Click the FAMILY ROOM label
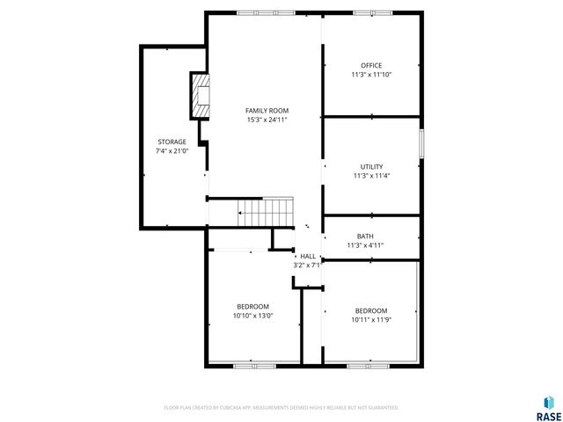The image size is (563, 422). pyautogui.click(x=267, y=111)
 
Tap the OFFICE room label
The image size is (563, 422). pyautogui.click(x=371, y=66)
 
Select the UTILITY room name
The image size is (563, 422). pyautogui.click(x=371, y=166)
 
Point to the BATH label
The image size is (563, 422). pyautogui.click(x=364, y=236)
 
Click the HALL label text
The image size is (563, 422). pyautogui.click(x=308, y=256)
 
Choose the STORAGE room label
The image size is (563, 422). pyautogui.click(x=172, y=142)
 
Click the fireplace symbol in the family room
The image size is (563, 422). pyautogui.click(x=200, y=95)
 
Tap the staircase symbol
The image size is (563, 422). pyautogui.click(x=265, y=212)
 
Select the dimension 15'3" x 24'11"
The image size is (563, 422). pyautogui.click(x=267, y=120)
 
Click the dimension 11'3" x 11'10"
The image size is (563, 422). pyautogui.click(x=371, y=75)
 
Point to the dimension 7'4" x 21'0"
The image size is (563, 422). pyautogui.click(x=172, y=150)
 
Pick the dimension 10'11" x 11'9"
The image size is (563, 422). pyautogui.click(x=370, y=319)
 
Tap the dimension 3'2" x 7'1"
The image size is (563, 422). pyautogui.click(x=308, y=265)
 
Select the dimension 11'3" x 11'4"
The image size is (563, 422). pyautogui.click(x=371, y=175)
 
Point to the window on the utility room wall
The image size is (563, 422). pyautogui.click(x=421, y=144)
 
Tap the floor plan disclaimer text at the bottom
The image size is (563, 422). pyautogui.click(x=281, y=408)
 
